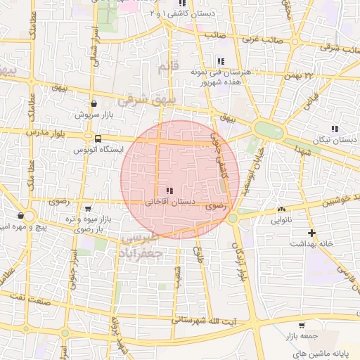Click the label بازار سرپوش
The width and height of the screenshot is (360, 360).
tap(93, 114)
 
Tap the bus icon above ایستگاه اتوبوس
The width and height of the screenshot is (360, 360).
tap(97, 139)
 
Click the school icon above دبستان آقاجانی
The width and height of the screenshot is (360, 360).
tap(168, 191)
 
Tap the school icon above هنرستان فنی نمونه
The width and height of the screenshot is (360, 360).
tap(221, 61)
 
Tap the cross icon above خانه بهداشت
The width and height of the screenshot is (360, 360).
tap(311, 233)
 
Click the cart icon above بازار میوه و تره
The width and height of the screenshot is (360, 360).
tap(88, 209)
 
